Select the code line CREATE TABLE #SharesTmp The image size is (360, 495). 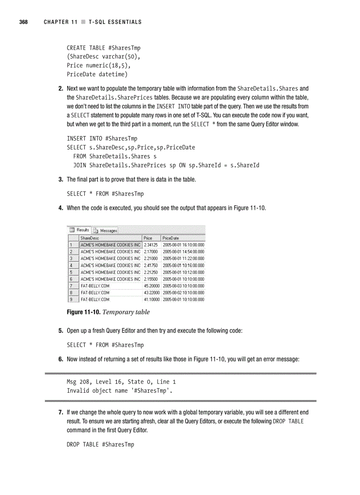point(104,48)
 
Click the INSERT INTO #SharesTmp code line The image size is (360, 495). point(102,138)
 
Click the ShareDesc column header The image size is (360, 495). point(90,238)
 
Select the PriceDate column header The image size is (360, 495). point(171,238)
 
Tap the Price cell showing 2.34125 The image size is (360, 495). point(151,245)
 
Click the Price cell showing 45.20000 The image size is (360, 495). point(151,286)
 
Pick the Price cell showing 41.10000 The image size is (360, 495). point(151,299)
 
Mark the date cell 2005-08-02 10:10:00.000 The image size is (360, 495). point(183,293)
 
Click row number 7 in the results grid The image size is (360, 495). point(71,286)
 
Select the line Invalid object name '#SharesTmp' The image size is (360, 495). point(120,391)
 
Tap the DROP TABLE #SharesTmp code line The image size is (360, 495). point(100,444)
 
